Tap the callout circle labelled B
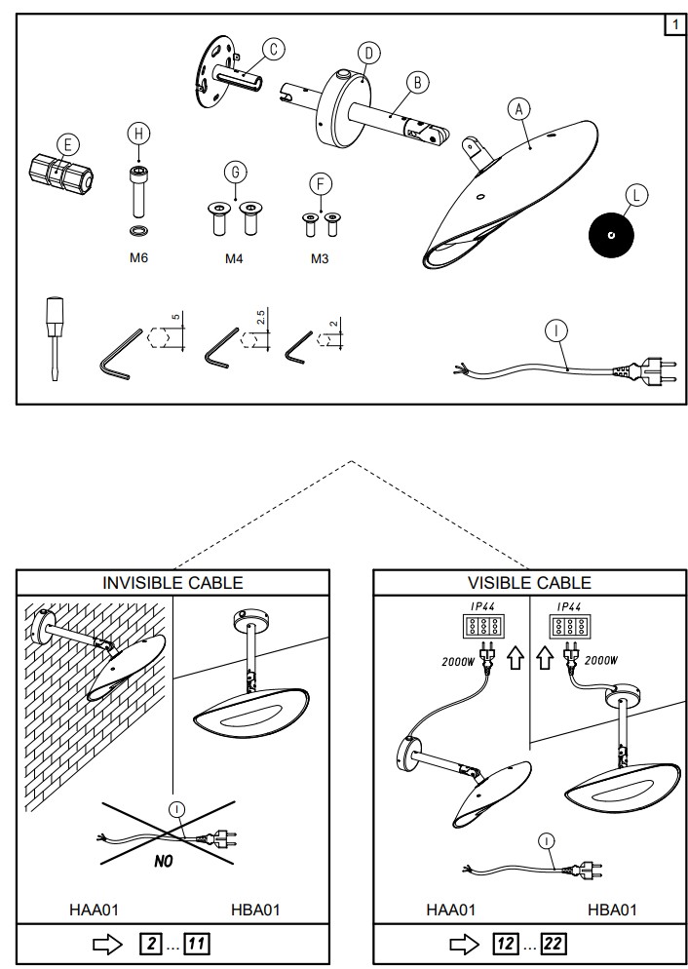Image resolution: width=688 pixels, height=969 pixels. (417, 82)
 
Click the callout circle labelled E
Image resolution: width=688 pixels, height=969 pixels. (65, 144)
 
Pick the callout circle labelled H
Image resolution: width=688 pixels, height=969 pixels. (139, 134)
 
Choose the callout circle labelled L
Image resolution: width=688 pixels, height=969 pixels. (635, 195)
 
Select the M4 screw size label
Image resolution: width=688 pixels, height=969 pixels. (236, 258)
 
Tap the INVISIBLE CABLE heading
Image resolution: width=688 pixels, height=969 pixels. (172, 583)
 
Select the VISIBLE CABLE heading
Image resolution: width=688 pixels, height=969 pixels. (529, 583)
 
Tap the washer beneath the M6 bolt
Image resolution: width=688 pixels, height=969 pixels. (139, 231)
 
